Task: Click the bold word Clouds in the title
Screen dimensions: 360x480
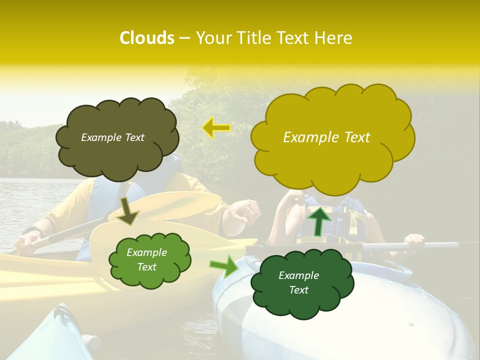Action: pyautogui.click(x=146, y=38)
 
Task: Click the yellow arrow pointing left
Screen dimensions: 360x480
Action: pyautogui.click(x=216, y=128)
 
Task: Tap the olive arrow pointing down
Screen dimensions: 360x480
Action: pyautogui.click(x=127, y=211)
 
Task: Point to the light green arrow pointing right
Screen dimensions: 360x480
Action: pyautogui.click(x=223, y=265)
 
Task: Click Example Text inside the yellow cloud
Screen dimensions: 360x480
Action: pyautogui.click(x=326, y=137)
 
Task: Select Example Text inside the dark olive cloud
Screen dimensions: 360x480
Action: pyautogui.click(x=112, y=137)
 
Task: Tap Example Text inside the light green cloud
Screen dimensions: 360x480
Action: pyautogui.click(x=146, y=259)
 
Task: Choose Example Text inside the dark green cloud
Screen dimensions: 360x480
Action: pyautogui.click(x=298, y=282)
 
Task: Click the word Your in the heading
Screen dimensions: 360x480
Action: pyautogui.click(x=214, y=38)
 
